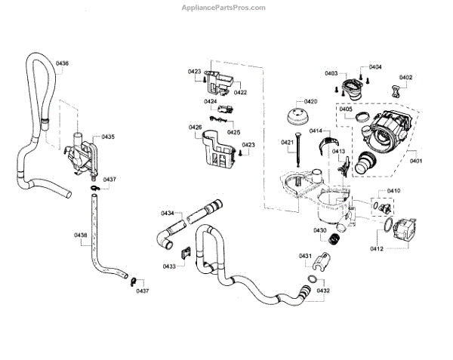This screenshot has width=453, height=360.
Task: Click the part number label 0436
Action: pyautogui.click(x=63, y=63)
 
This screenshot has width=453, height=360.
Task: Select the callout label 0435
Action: pyautogui.click(x=109, y=137)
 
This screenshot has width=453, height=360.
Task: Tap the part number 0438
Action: pyautogui.click(x=81, y=235)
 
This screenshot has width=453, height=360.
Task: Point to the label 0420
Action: pyautogui.click(x=310, y=101)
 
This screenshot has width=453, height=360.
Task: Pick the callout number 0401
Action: pyautogui.click(x=416, y=160)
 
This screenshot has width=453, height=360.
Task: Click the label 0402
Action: pyautogui.click(x=405, y=77)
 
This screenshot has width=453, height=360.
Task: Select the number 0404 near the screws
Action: pyautogui.click(x=375, y=67)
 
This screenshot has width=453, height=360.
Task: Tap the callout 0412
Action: pyautogui.click(x=377, y=248)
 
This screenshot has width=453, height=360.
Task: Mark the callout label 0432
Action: pyautogui.click(x=324, y=290)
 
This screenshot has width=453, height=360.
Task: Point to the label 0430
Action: pyautogui.click(x=320, y=230)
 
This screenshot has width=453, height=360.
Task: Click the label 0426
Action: pyautogui.click(x=196, y=127)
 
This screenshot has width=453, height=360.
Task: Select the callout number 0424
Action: pyautogui.click(x=211, y=101)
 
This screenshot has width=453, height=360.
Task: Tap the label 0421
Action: pyautogui.click(x=287, y=142)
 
